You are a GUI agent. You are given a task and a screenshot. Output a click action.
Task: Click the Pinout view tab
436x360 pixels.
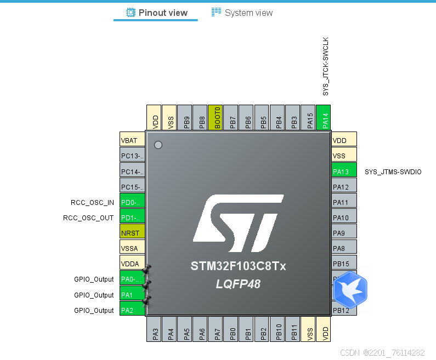157,13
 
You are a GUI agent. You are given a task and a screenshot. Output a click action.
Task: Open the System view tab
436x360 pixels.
242,13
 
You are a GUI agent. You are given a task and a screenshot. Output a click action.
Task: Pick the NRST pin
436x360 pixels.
132,233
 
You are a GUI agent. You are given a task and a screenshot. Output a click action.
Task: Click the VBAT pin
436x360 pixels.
132,141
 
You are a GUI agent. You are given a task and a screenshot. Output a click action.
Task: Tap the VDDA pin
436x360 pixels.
132,264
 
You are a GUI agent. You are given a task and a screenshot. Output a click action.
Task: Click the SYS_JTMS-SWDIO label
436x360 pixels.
393,172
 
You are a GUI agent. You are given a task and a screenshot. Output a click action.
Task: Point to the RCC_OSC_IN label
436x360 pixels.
92,203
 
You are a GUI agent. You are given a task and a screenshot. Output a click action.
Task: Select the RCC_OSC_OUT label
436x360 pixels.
88,218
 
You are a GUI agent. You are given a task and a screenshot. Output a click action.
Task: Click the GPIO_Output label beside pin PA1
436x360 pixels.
94,295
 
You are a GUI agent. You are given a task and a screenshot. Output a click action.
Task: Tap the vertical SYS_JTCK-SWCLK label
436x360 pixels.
325,67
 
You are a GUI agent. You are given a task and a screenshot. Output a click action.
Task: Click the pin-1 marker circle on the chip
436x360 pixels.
158,145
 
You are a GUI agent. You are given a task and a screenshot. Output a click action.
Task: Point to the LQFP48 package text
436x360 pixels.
238,284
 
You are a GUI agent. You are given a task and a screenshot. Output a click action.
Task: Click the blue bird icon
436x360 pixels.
350,289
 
